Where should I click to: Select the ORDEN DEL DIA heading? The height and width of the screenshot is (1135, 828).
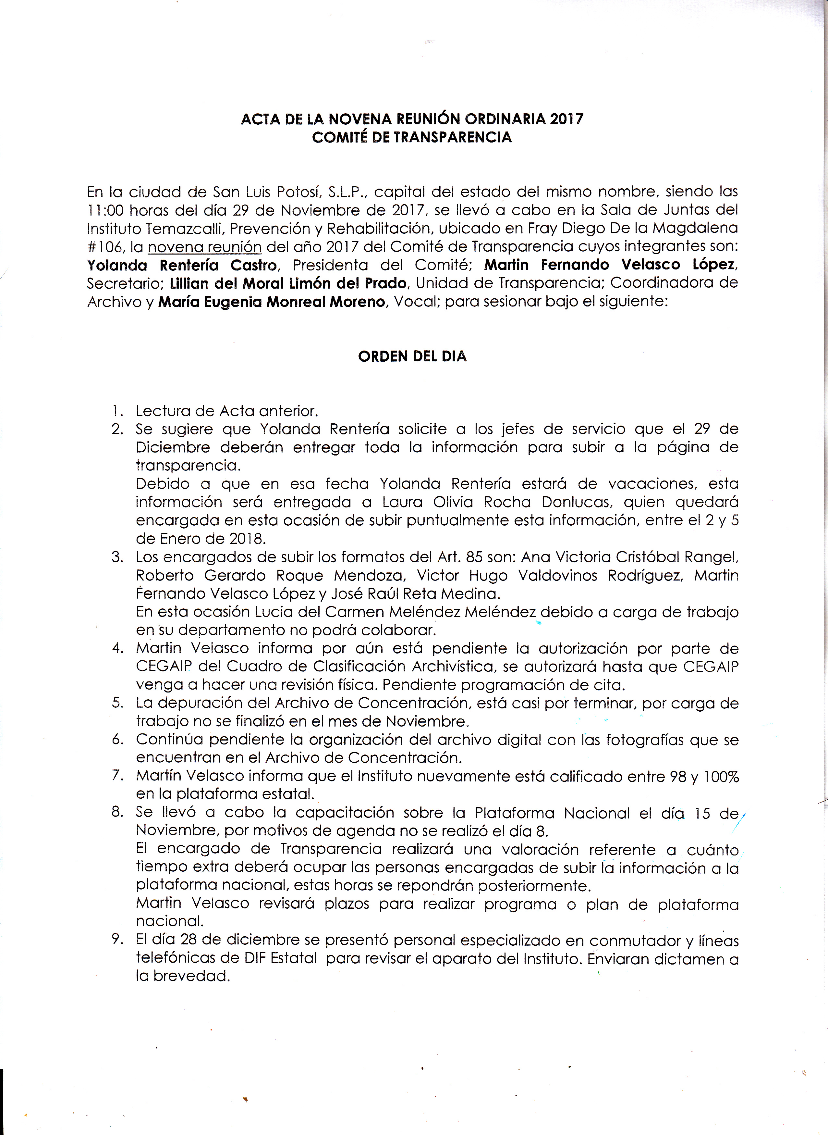412,356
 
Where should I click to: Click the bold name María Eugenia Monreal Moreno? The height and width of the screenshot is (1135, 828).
272,303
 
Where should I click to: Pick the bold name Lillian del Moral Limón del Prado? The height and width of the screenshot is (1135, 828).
288,284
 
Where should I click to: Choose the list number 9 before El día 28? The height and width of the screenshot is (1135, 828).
117,941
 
